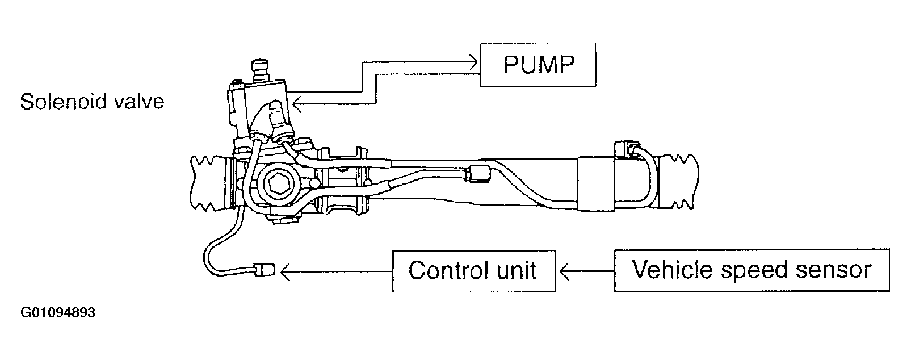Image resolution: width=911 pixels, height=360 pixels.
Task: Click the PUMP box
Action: click(538, 65)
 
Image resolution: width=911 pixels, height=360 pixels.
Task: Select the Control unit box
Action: click(474, 271)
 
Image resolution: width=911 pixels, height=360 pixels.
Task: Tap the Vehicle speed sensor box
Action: click(752, 270)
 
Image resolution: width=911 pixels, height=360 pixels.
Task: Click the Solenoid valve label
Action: click(92, 101)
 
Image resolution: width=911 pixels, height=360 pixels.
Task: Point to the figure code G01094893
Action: click(58, 312)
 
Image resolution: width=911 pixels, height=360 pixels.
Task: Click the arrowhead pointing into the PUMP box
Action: click(473, 62)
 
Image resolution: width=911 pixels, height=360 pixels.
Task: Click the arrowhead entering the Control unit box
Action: click(565, 270)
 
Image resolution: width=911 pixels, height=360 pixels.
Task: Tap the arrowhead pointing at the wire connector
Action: click(286, 271)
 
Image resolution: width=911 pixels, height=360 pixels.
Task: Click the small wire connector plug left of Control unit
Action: click(265, 270)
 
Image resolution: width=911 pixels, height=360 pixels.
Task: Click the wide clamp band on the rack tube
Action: click(596, 183)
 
